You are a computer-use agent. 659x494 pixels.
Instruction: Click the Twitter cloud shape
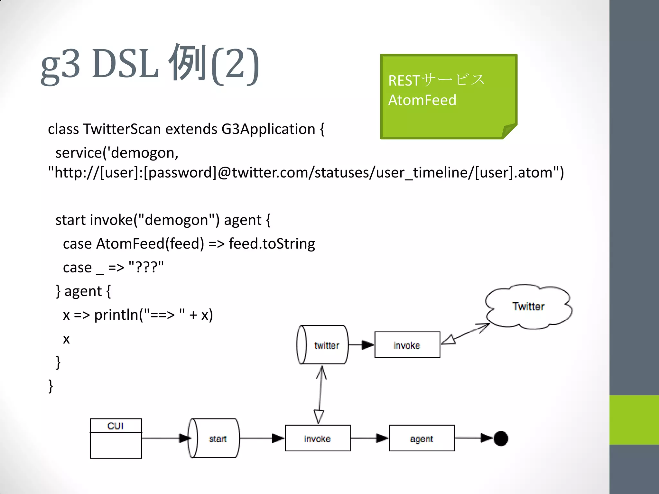[x=528, y=306]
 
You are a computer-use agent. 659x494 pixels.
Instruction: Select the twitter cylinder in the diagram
[x=322, y=345]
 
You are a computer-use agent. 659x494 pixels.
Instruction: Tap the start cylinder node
[x=214, y=438]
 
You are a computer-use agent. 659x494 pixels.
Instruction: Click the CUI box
[x=116, y=438]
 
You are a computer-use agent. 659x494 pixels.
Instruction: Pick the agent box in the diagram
[x=422, y=438]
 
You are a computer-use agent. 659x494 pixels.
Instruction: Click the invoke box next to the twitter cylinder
[x=407, y=345]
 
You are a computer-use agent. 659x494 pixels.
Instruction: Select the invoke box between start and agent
[x=317, y=438]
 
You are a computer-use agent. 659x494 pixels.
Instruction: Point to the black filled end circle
[x=501, y=438]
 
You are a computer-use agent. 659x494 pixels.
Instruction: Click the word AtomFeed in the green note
[x=422, y=100]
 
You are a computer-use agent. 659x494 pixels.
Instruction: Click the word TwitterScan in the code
[x=122, y=129]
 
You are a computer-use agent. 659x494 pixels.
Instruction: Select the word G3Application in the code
[x=268, y=129]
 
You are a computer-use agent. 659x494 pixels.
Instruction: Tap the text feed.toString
[x=272, y=244]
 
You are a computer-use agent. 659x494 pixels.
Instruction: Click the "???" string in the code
[x=146, y=267]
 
